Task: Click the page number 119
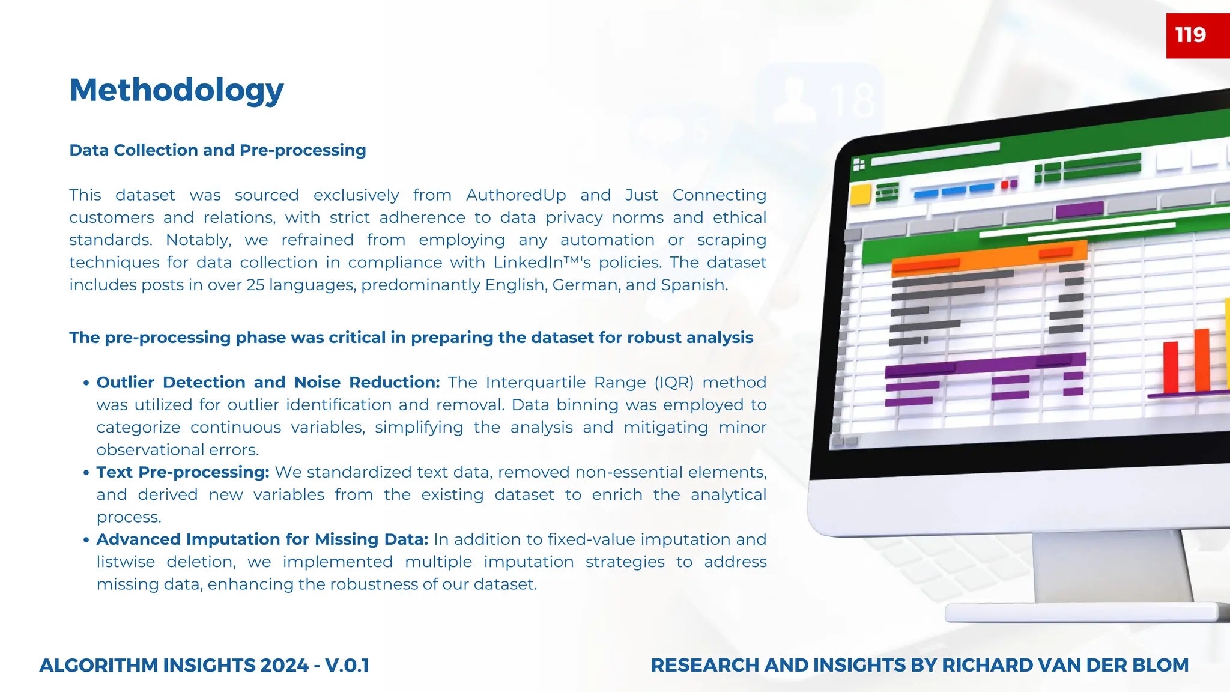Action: (x=1190, y=35)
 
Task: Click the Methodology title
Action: (x=177, y=90)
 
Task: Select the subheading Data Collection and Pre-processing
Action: (x=217, y=150)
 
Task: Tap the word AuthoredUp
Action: (x=516, y=195)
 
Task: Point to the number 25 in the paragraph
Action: (x=255, y=285)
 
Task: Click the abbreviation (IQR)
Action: (x=674, y=383)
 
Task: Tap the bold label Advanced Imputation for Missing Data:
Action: (x=262, y=539)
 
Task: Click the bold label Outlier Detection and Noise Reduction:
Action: (x=268, y=383)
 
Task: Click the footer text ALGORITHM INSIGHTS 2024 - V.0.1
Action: (x=204, y=666)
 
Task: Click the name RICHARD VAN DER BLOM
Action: (x=1065, y=666)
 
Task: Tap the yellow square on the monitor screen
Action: (x=861, y=195)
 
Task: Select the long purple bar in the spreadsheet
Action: (x=985, y=364)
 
